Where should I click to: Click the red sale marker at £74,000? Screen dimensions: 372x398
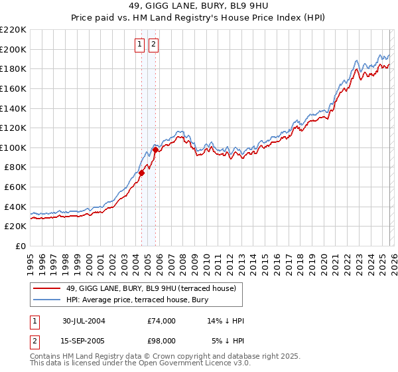pos(142,173)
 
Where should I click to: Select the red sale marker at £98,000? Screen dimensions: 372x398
pos(155,149)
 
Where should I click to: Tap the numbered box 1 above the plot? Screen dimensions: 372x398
pos(140,45)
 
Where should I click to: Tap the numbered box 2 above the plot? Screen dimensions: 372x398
pos(153,45)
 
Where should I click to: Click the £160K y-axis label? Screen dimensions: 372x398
pos(13,88)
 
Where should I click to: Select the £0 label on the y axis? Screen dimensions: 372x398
pos(20,246)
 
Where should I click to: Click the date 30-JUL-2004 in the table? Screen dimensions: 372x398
pos(84,321)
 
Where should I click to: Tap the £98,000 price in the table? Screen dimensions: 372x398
pos(161,340)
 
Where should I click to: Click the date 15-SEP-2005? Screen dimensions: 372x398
pos(84,340)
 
